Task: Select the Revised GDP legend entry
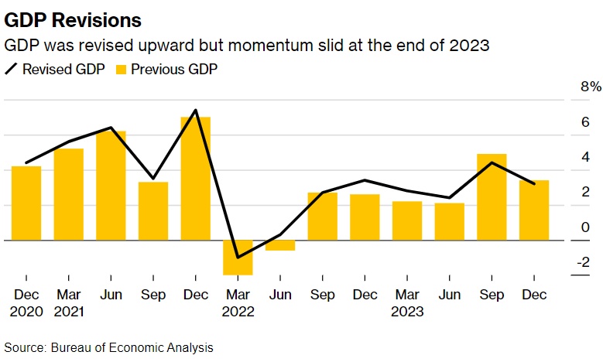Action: [x=55, y=69]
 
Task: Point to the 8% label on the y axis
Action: [x=580, y=87]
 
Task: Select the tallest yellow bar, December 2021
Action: [x=195, y=178]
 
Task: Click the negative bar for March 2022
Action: [x=238, y=257]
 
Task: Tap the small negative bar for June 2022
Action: [x=280, y=245]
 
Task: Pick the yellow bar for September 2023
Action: [x=492, y=197]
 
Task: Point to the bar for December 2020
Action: [x=26, y=203]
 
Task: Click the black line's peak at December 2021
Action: [x=195, y=110]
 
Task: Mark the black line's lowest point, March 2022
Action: [x=238, y=257]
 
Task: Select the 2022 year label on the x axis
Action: [x=238, y=312]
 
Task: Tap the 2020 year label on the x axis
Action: [x=26, y=312]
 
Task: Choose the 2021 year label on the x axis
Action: [x=69, y=312]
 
